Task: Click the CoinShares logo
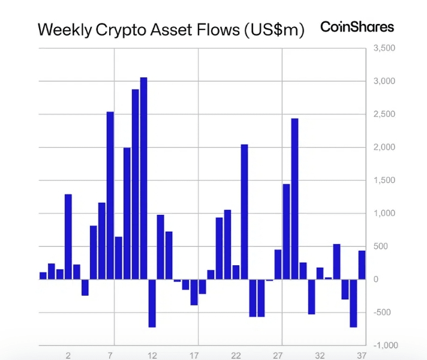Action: tap(357, 27)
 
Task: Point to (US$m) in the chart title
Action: tap(275, 30)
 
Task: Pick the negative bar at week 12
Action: tap(152, 303)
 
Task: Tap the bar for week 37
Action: tap(362, 265)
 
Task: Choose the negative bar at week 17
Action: tap(194, 292)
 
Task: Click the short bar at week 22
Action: tap(236, 272)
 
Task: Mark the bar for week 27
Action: tap(278, 264)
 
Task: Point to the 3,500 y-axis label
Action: tap(384, 47)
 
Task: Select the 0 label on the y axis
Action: tap(375, 279)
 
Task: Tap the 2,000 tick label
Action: tap(384, 147)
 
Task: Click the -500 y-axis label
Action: tap(381, 312)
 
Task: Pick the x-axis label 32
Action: tap(320, 355)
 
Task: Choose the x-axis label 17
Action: tap(194, 355)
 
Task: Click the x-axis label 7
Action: tap(110, 355)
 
